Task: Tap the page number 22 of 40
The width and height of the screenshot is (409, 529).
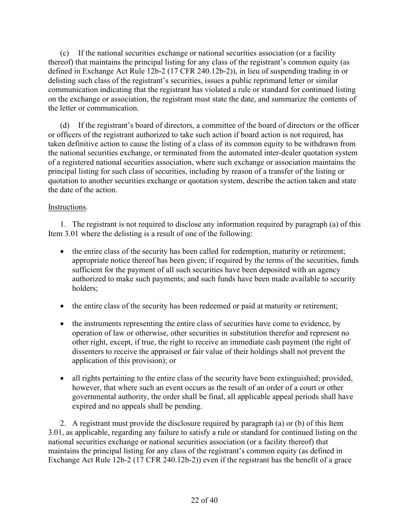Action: pyautogui.click(x=204, y=500)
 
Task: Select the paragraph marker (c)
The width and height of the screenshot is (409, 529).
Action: pyautogui.click(x=64, y=53)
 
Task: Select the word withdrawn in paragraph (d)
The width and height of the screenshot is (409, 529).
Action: pyautogui.click(x=316, y=144)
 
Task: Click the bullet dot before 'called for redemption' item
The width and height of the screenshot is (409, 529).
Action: pyautogui.click(x=63, y=251)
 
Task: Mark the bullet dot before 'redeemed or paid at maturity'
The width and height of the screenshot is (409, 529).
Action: pyautogui.click(x=63, y=306)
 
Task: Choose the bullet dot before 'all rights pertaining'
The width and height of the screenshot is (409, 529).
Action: pyautogui.click(x=63, y=378)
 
